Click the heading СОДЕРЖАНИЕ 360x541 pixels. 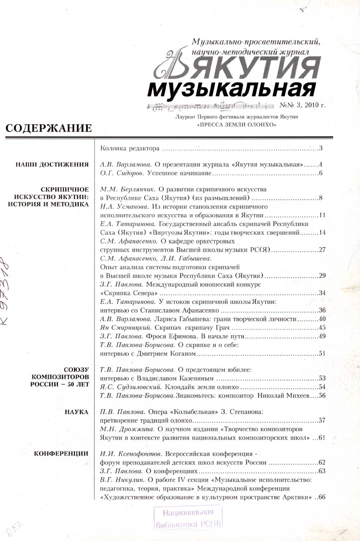(49, 128)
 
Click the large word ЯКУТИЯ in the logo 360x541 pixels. (245, 69)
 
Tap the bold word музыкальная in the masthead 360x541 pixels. (231, 89)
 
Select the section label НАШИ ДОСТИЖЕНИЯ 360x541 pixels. (52, 164)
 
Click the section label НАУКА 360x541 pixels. (77, 412)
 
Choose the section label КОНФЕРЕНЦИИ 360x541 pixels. (61, 453)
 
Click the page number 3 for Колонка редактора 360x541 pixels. (321, 148)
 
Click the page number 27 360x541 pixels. (322, 250)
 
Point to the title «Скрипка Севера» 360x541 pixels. (129, 293)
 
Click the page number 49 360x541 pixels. (322, 336)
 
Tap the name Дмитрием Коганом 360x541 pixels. (166, 353)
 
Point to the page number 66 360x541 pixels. (322, 497)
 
